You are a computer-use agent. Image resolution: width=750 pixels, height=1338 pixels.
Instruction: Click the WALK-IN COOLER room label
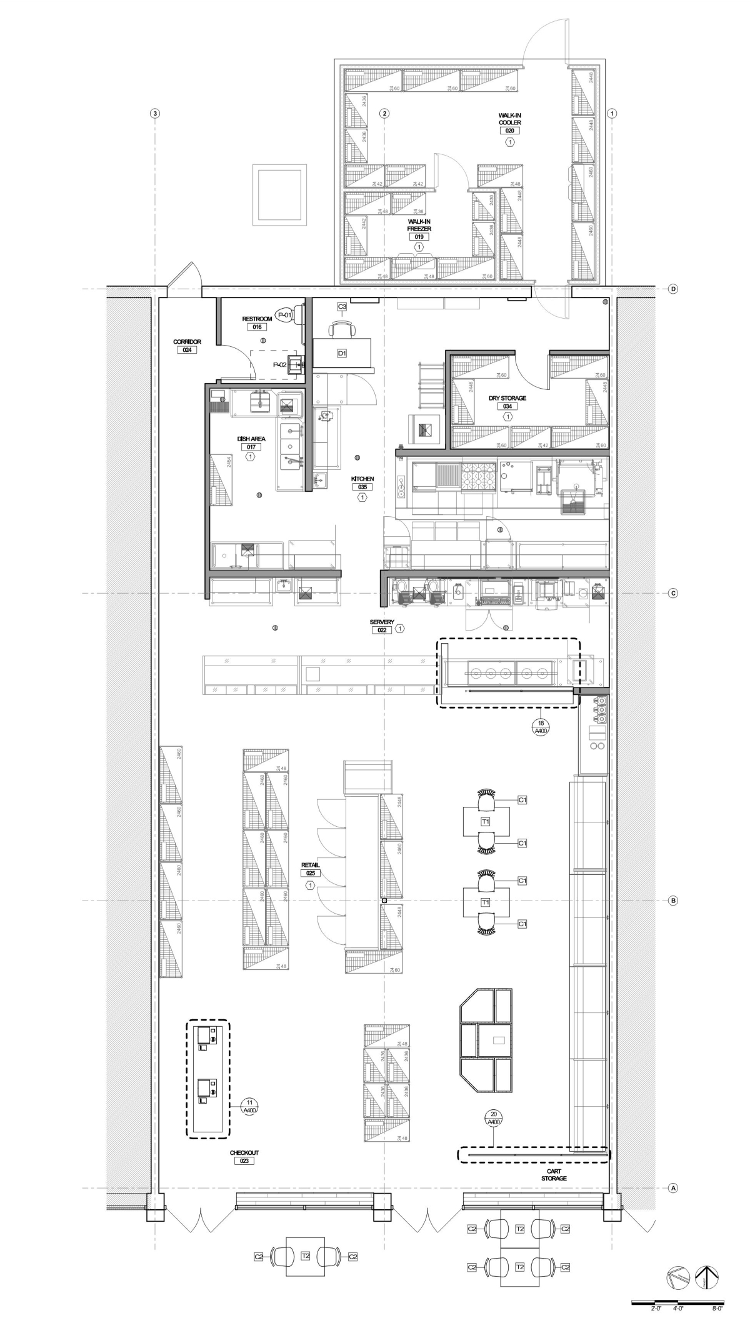click(509, 119)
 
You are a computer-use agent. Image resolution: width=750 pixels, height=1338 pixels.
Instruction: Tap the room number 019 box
click(419, 237)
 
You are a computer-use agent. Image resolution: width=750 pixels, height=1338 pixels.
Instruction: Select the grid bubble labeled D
click(673, 289)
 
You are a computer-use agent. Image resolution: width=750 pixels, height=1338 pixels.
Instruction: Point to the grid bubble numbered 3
click(156, 114)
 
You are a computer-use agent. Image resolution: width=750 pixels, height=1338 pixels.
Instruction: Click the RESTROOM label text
click(257, 319)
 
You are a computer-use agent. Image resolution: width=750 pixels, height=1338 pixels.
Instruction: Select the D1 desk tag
click(342, 353)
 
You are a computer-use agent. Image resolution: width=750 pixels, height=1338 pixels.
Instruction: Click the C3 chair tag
click(342, 307)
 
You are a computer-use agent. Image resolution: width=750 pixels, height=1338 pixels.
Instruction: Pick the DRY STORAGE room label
click(507, 398)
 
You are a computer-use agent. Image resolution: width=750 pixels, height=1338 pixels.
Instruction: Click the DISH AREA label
click(251, 439)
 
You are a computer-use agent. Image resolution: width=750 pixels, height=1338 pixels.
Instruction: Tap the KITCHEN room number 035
click(362, 487)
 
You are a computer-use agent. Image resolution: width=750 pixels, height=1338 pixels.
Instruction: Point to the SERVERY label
click(382, 622)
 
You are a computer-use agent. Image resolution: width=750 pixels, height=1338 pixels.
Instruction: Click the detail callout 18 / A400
click(541, 726)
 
